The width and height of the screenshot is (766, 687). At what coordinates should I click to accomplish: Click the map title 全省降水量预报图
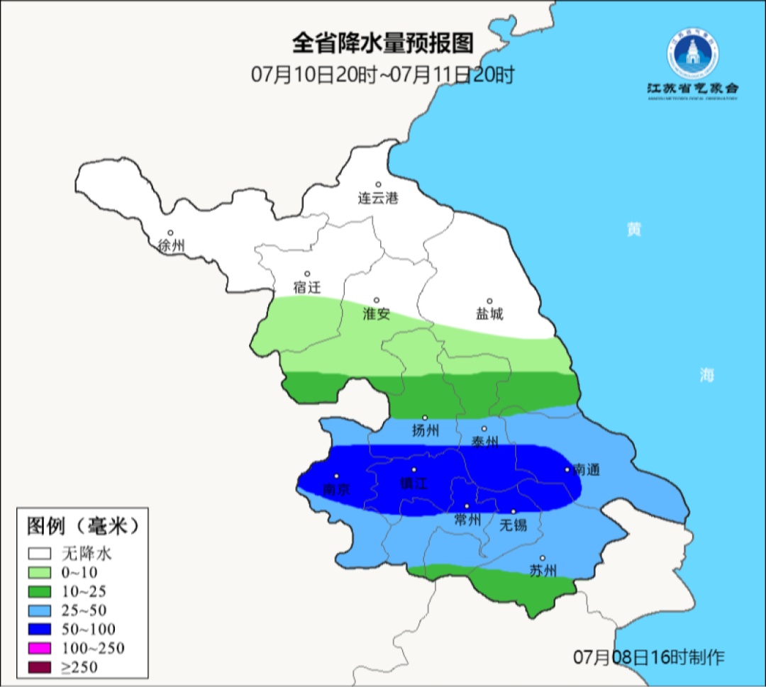[x=382, y=43]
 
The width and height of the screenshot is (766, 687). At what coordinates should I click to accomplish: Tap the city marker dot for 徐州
[x=170, y=233]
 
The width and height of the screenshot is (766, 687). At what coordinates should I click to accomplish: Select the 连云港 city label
[x=378, y=199]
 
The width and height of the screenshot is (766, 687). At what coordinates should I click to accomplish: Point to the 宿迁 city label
[x=307, y=288]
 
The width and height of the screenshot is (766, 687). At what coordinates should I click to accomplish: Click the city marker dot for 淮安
[x=377, y=300]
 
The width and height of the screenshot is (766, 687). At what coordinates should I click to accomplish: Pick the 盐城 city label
[x=489, y=314]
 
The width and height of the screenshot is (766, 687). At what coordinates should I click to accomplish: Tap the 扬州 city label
[x=426, y=430]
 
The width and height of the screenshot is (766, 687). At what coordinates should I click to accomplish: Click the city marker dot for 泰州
[x=484, y=428]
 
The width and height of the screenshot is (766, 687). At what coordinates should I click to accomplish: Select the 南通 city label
[x=587, y=469]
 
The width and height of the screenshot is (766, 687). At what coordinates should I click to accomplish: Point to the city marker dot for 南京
[x=337, y=476]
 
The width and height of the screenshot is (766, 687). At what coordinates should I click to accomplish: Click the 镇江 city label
[x=414, y=484]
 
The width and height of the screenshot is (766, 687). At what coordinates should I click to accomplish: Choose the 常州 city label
[x=467, y=520]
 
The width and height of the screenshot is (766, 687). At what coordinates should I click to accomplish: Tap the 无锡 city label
[x=514, y=525]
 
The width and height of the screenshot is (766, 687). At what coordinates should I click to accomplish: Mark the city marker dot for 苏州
[x=543, y=558]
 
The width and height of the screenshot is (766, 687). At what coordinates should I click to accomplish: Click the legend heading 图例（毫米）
[x=82, y=526]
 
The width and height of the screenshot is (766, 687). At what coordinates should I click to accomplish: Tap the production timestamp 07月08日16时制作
[x=649, y=657]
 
